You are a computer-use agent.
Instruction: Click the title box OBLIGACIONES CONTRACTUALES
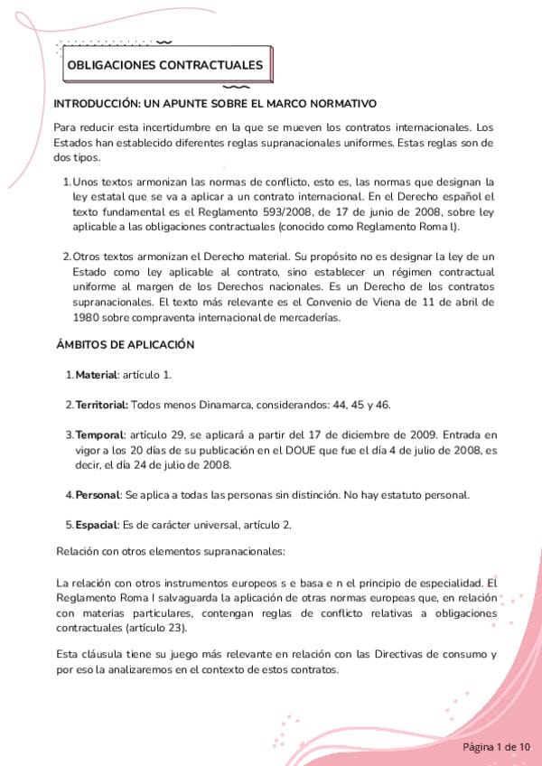pos(165,65)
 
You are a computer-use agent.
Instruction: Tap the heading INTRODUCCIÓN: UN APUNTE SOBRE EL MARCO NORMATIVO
pos(215,104)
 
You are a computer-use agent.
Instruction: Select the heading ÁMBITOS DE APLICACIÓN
pos(125,345)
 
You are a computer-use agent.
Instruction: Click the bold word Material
pos(96,375)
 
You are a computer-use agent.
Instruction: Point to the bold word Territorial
pos(101,404)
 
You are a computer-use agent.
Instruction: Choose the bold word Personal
pos(98,495)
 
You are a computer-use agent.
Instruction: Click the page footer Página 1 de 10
pos(497,747)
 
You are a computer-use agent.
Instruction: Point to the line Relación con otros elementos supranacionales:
pos(171,550)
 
